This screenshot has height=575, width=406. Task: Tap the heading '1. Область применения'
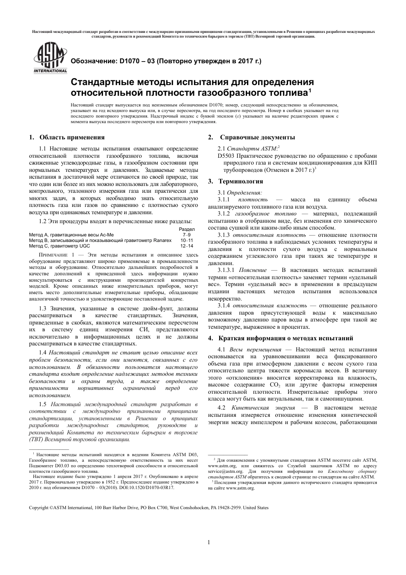pos(67,137)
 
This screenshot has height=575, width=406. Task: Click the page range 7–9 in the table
pos(187,235)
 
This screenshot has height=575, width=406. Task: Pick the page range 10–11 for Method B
pos(187,240)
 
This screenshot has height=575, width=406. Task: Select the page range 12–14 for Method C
pos(187,246)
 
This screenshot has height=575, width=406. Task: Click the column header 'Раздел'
pos(186,230)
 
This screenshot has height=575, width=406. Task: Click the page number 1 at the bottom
pos(209,543)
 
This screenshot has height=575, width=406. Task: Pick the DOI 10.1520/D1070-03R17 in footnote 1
pos(150,487)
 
